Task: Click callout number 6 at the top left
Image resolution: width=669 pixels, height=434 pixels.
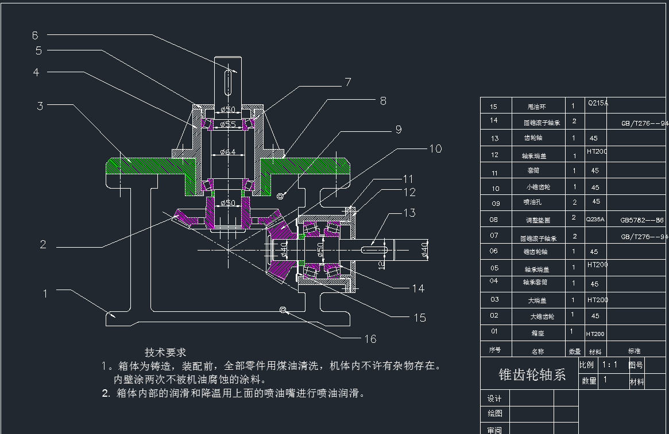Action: tap(35, 35)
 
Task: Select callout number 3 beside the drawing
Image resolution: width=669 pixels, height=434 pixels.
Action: tap(40, 105)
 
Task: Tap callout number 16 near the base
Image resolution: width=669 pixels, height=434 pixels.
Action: tap(370, 339)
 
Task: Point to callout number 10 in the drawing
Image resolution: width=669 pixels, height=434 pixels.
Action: tap(435, 148)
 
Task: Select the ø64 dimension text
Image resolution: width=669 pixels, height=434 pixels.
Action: tap(228, 152)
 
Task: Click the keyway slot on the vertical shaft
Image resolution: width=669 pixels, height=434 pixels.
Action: tap(228, 81)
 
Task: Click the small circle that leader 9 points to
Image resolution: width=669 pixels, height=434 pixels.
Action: tap(280, 197)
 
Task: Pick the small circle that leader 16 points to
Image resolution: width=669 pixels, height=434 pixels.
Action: tap(283, 310)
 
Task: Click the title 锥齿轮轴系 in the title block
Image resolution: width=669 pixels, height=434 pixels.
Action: tap(532, 374)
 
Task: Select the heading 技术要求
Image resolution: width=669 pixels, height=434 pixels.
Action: tap(165, 352)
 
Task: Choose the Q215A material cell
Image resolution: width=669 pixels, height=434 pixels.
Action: tap(597, 104)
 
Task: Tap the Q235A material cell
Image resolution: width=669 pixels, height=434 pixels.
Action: tap(595, 219)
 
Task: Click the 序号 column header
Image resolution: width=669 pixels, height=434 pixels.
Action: tap(494, 350)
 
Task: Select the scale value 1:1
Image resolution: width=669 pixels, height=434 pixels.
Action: tap(609, 365)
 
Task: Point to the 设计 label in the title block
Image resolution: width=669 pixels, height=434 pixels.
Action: tap(494, 398)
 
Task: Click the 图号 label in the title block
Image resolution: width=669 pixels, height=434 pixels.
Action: tap(636, 365)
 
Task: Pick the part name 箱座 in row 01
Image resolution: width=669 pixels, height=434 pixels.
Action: tap(537, 333)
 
